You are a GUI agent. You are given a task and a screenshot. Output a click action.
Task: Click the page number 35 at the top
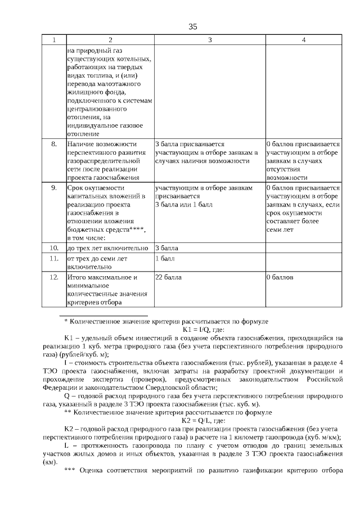[193, 26]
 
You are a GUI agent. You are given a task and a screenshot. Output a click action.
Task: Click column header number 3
[209, 40]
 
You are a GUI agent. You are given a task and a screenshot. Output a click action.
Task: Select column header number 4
[303, 40]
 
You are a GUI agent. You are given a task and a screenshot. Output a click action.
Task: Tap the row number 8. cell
[54, 144]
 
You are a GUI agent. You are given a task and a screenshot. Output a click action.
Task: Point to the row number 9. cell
[54, 188]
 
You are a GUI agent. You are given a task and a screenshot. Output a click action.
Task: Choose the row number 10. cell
[54, 247]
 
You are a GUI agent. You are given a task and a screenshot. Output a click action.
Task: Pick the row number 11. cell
[54, 258]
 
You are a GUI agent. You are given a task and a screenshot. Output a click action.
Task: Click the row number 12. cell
[54, 277]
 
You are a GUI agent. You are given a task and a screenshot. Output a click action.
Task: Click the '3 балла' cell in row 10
[166, 247]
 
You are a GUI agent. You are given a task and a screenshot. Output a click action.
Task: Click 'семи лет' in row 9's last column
[280, 229]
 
